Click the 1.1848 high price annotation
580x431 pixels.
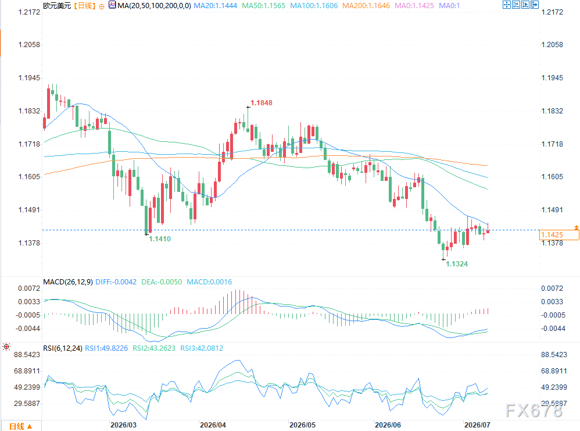pyautogui.click(x=261, y=103)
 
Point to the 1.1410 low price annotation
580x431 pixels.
pyautogui.click(x=160, y=239)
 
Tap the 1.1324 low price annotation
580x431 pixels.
pyautogui.click(x=457, y=264)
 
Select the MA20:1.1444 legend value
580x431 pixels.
pyautogui.click(x=215, y=6)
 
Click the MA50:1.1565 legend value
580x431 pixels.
pyautogui.click(x=263, y=6)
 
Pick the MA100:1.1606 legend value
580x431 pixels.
pyautogui.click(x=314, y=6)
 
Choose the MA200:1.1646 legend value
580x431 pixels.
pyautogui.click(x=366, y=6)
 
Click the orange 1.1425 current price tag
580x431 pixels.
pyautogui.click(x=559, y=235)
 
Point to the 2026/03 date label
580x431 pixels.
pyautogui.click(x=123, y=425)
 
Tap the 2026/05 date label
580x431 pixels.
pyautogui.click(x=303, y=425)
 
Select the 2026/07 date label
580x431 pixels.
pyautogui.click(x=477, y=425)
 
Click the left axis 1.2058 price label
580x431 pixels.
pyautogui.click(x=29, y=45)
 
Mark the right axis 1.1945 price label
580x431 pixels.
pyautogui.click(x=552, y=78)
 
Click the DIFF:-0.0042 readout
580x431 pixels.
pyautogui.click(x=116, y=282)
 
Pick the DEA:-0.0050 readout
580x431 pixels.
pyautogui.click(x=162, y=282)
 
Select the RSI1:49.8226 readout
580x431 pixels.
pyautogui.click(x=106, y=348)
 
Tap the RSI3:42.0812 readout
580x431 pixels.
pyautogui.click(x=202, y=348)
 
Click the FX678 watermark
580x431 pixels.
pyautogui.click(x=534, y=411)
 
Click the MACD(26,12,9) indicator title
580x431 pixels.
pyautogui.click(x=68, y=282)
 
